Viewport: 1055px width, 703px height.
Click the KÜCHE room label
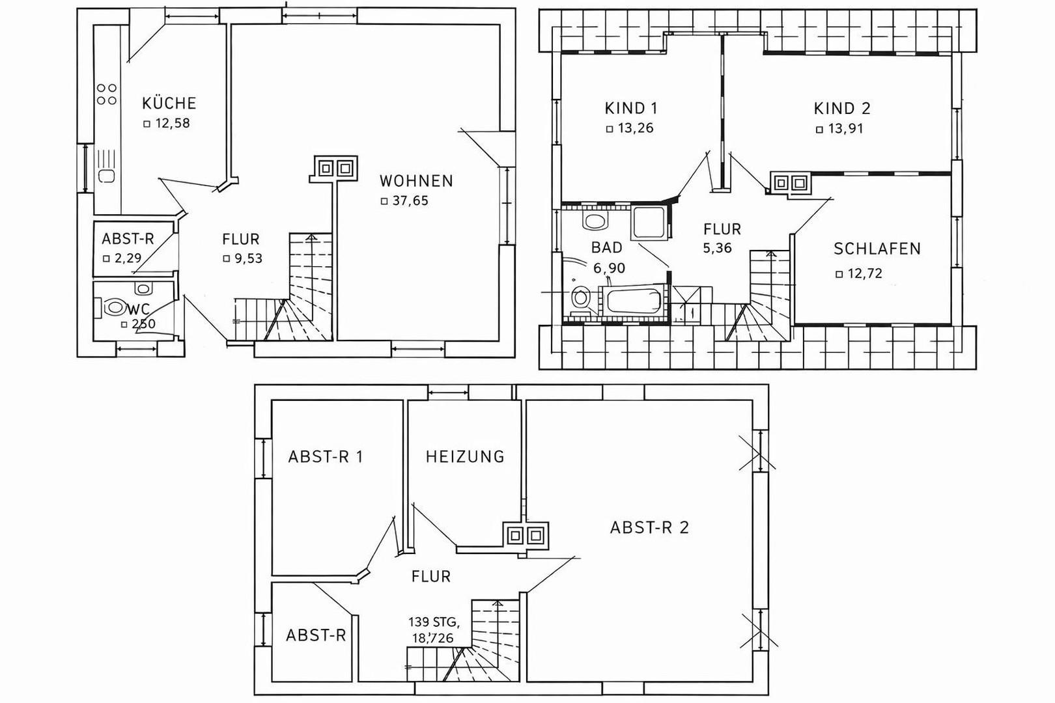tap(169, 103)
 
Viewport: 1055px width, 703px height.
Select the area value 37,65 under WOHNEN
tap(410, 201)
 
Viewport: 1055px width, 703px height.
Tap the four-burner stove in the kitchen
tap(107, 94)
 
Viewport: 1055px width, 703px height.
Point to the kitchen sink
tap(107, 176)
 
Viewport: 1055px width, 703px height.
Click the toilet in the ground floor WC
tap(113, 307)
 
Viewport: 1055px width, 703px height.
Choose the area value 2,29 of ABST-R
tap(128, 258)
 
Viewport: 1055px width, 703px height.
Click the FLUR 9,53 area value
tap(249, 258)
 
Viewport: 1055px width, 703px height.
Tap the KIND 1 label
tap(631, 109)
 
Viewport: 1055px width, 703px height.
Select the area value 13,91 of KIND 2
tap(846, 128)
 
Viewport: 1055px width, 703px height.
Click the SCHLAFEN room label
tap(877, 249)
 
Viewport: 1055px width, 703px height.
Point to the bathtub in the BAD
tap(634, 301)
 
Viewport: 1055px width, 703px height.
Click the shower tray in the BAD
tap(649, 223)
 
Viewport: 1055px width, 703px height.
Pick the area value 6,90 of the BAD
tap(609, 268)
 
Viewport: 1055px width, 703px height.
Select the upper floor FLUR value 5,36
tap(717, 248)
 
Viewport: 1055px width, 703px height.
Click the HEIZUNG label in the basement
tap(466, 457)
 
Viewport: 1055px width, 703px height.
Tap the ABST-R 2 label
tap(649, 528)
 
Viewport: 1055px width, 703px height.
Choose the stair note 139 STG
tap(434, 622)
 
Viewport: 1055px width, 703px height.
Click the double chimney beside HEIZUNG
tap(525, 535)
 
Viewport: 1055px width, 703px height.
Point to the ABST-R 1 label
tap(326, 457)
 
